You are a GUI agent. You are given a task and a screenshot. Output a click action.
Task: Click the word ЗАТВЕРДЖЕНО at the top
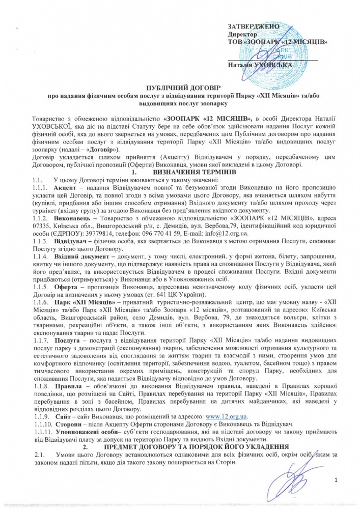254,25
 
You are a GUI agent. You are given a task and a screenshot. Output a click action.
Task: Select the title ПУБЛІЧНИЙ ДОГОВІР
180,88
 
